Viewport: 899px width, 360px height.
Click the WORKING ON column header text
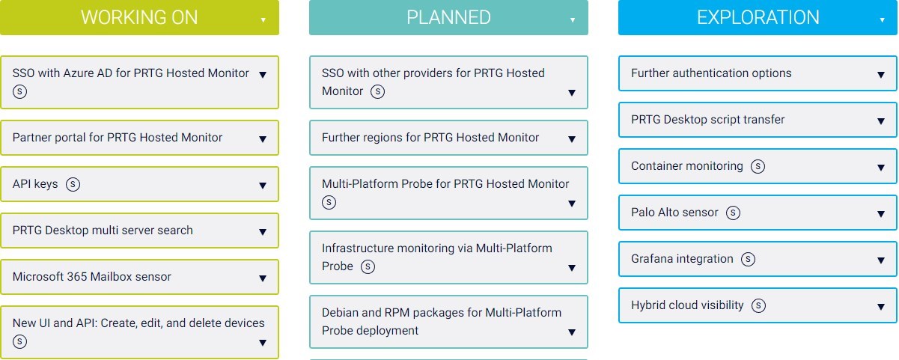[139, 18]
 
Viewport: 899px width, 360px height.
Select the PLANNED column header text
[448, 18]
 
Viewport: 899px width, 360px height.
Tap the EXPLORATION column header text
[758, 18]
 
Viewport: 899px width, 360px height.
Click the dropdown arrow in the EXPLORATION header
[882, 20]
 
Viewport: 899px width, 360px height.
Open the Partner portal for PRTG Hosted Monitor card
[118, 138]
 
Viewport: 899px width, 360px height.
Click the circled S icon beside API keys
[73, 184]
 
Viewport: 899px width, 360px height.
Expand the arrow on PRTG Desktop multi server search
[263, 232]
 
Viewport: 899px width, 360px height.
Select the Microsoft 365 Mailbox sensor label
[92, 277]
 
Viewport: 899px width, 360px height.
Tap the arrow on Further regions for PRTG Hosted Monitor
[572, 139]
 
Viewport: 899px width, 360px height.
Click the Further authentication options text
[711, 73]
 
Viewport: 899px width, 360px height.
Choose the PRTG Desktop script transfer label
[707, 120]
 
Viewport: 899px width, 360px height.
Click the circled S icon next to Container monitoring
[758, 166]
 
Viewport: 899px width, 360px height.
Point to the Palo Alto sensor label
[674, 213]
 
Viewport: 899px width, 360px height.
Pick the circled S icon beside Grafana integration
[748, 259]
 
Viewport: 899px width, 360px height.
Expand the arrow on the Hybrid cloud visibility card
[881, 307]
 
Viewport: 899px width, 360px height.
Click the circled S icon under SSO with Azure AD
[19, 91]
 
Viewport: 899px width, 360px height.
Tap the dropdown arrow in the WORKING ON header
[263, 20]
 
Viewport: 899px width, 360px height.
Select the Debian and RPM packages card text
[441, 321]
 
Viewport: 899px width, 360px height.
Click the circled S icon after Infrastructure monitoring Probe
[368, 266]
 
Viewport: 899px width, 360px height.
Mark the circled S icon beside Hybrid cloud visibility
[759, 305]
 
